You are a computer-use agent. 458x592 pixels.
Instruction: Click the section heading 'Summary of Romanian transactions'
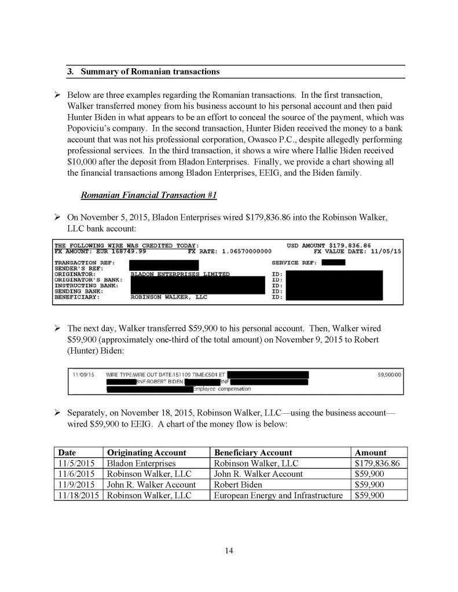coord(150,72)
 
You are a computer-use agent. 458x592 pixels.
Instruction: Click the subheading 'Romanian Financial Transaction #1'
coord(149,196)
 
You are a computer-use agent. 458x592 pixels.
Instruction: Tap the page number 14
coord(229,550)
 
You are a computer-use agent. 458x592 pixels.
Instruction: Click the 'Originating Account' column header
coord(146,453)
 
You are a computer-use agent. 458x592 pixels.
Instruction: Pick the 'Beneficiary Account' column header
coord(253,453)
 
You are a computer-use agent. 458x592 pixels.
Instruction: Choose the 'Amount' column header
coord(371,453)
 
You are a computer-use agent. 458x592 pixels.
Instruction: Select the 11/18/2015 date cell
coord(78,495)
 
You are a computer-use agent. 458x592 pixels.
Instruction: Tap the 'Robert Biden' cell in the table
coord(238,484)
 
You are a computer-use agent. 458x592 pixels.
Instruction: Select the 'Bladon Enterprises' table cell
coord(141,464)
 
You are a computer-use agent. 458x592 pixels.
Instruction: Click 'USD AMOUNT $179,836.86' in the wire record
coord(328,245)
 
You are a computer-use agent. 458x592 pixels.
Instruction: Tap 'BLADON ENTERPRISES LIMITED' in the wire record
coord(180,274)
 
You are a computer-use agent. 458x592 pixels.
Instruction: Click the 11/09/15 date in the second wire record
coord(80,375)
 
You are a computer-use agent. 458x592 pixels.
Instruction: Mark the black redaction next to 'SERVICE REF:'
coord(333,263)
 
